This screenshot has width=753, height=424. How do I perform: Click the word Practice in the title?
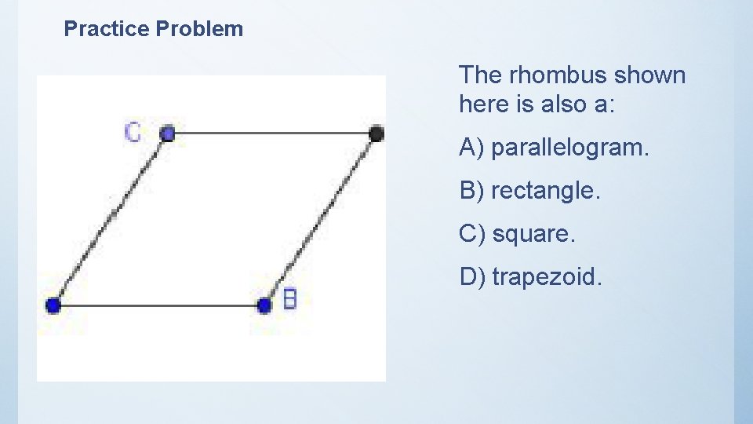point(107,30)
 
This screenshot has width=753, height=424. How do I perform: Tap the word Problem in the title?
point(200,30)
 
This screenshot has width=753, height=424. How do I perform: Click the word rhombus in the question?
point(558,75)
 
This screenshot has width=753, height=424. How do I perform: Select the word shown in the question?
point(649,75)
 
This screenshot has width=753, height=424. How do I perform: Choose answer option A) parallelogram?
point(555,148)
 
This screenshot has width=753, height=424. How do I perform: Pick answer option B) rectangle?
point(529,191)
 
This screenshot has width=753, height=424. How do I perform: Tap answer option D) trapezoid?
point(531,276)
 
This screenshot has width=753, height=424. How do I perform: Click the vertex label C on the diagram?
point(133,132)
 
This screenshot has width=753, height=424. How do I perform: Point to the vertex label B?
point(289,299)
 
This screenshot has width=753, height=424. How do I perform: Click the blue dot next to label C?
point(167,133)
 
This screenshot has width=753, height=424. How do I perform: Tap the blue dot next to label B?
point(265,305)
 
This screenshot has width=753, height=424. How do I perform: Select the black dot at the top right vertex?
point(376,133)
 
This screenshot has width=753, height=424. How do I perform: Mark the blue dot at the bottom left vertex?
point(53,305)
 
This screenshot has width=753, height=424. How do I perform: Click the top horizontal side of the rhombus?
point(271,133)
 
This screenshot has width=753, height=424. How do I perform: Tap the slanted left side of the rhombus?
point(110,219)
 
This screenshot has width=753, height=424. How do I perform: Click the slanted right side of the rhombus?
point(321,219)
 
